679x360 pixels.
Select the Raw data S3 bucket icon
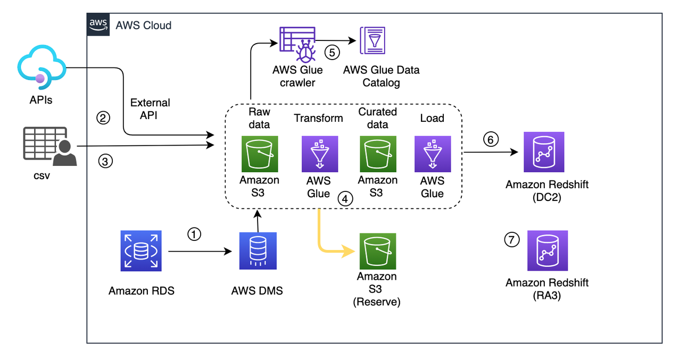[259, 154]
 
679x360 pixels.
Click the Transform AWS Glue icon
[318, 154]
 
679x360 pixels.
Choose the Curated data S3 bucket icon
[377, 154]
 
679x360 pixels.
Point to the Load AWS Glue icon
[432, 154]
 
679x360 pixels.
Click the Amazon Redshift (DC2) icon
[544, 152]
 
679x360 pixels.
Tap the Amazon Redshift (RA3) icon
[548, 250]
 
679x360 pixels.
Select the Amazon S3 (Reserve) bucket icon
[377, 251]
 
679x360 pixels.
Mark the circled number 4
[345, 199]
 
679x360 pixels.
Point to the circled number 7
[511, 240]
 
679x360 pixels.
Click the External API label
[150, 108]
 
